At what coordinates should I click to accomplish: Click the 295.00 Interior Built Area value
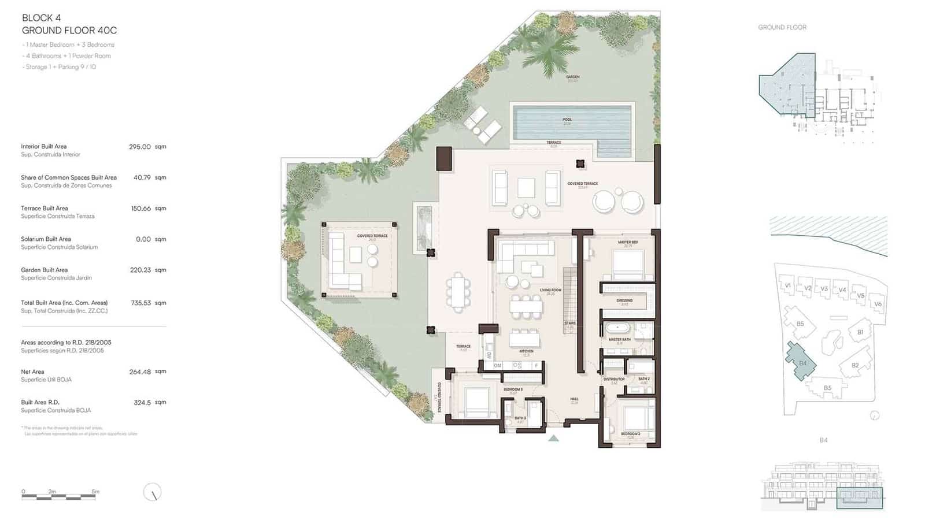(139, 147)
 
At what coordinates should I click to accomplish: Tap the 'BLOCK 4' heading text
(41, 18)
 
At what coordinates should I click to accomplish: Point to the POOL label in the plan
(567, 120)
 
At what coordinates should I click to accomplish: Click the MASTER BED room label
(627, 242)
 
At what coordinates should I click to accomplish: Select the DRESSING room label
(624, 300)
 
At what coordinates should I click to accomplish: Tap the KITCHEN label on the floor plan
(526, 351)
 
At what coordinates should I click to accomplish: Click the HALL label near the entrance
(574, 399)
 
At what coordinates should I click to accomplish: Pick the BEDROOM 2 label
(630, 433)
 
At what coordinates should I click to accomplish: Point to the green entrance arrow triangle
(553, 439)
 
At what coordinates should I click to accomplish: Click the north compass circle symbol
(152, 492)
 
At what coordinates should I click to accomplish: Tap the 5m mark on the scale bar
(95, 492)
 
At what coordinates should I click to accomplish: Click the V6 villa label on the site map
(878, 304)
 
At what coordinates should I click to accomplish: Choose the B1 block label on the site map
(860, 332)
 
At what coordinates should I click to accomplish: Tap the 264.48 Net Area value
(140, 372)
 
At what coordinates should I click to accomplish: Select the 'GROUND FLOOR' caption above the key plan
(782, 27)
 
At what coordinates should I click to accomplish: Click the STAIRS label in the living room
(570, 324)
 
